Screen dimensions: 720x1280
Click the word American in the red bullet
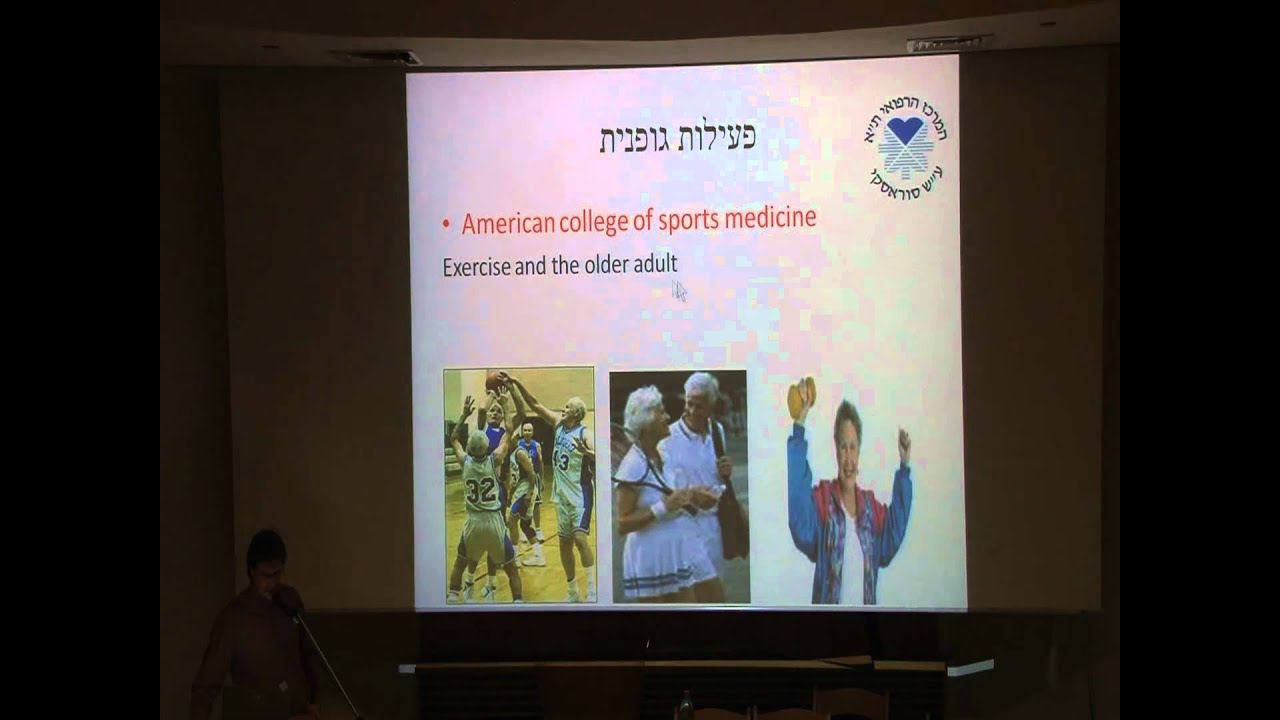click(x=508, y=222)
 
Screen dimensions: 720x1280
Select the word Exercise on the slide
click(x=476, y=267)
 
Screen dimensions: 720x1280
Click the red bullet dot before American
click(x=446, y=224)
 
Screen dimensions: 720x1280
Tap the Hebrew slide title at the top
click(x=677, y=138)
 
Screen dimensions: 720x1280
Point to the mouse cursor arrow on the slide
click(x=679, y=291)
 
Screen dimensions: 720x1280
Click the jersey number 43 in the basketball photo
click(x=561, y=461)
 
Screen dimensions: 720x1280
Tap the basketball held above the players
click(x=495, y=381)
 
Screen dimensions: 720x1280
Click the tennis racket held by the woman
click(x=645, y=480)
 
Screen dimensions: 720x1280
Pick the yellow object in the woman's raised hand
click(x=801, y=396)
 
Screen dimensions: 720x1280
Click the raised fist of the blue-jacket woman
click(x=904, y=441)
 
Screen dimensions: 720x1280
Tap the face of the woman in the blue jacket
click(x=848, y=426)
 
